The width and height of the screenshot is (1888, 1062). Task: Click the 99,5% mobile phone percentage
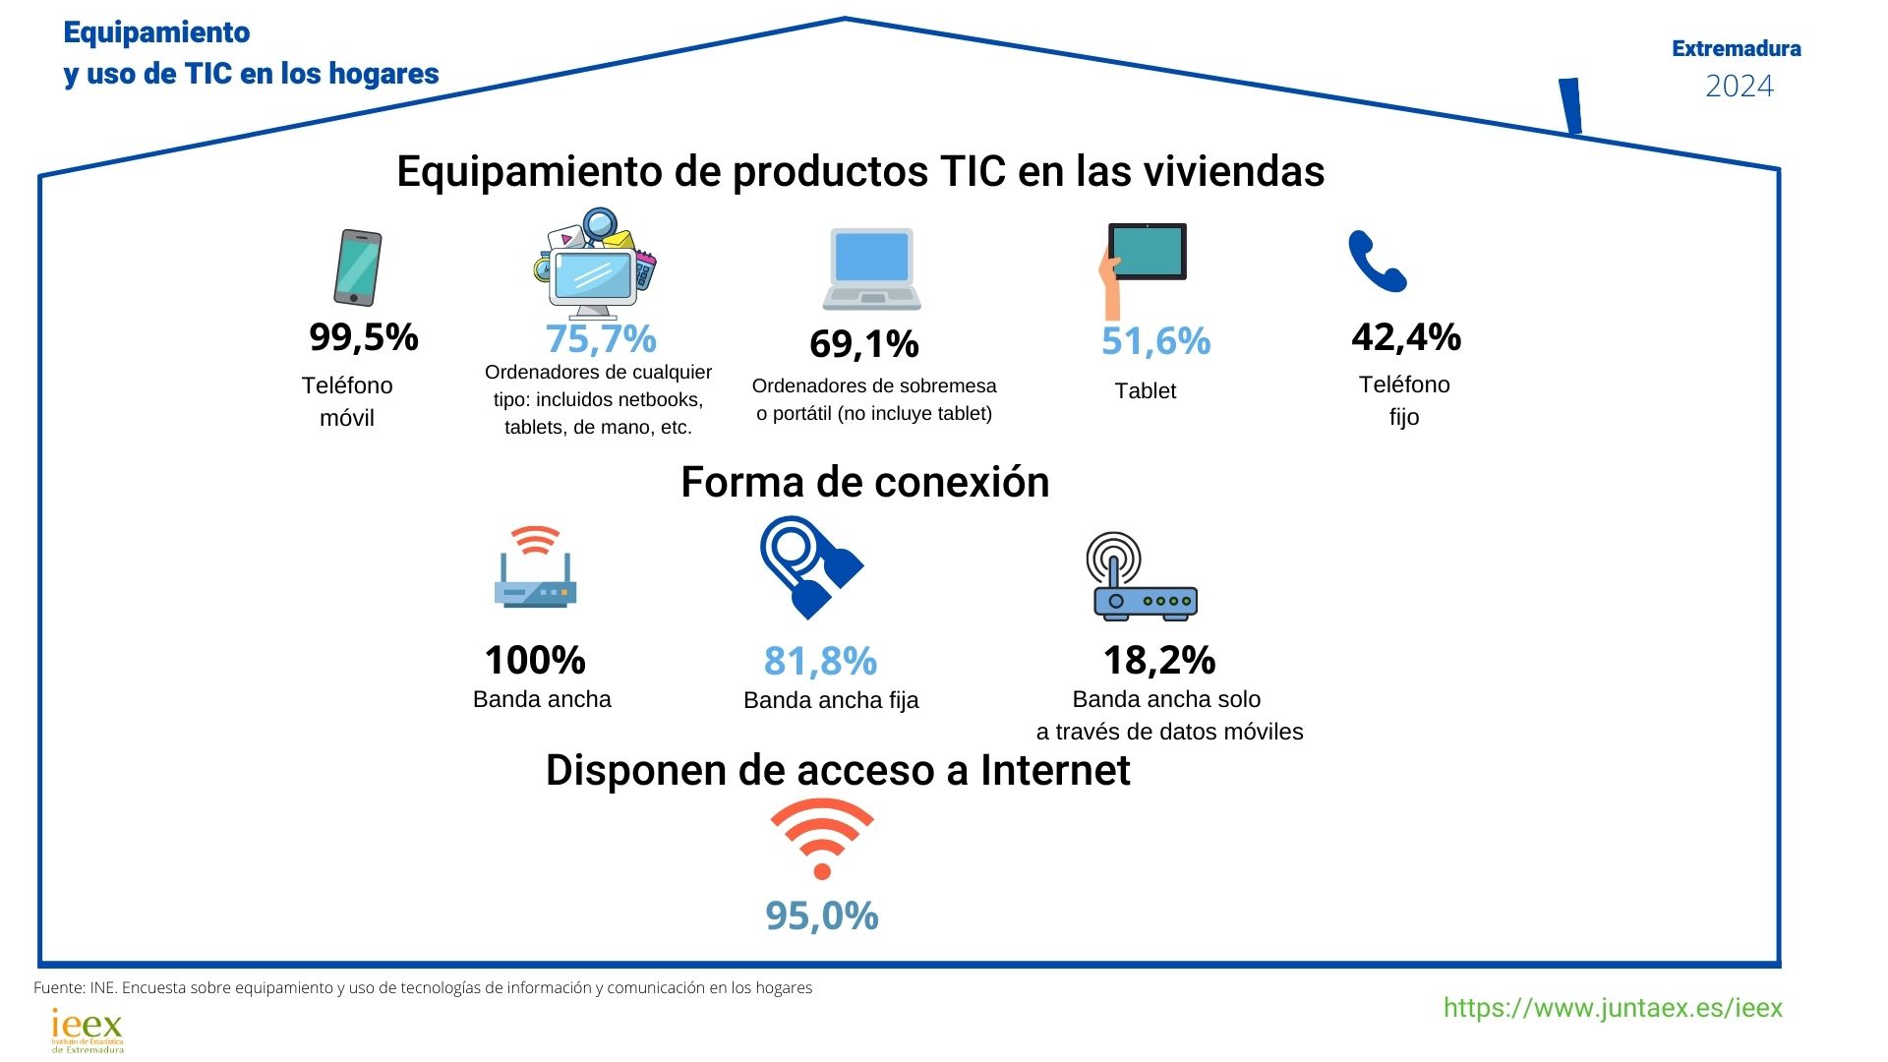tap(364, 337)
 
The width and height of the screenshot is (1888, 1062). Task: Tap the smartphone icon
tap(357, 267)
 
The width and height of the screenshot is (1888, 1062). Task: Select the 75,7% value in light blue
tap(601, 339)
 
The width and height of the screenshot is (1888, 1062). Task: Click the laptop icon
tap(871, 268)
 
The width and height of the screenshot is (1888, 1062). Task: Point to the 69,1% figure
tap(864, 344)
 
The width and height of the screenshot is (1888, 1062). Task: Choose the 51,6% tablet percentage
tap(1155, 341)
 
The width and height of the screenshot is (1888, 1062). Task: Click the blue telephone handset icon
tap(1377, 262)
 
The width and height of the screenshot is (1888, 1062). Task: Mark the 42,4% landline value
tap(1406, 337)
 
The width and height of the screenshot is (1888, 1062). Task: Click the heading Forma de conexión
tap(865, 482)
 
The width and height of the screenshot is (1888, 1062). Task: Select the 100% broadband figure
tap(535, 660)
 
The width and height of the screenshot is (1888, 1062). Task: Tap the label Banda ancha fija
tap(831, 700)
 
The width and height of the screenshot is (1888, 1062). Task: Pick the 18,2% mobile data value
tap(1159, 660)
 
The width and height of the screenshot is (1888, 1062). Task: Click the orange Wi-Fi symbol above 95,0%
tap(822, 838)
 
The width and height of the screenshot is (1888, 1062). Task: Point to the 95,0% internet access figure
tap(822, 915)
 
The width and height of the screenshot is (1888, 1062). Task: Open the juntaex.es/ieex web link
tap(1613, 1008)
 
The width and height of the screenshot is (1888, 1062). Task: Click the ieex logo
tap(88, 1030)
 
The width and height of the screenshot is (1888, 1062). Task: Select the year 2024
tap(1739, 87)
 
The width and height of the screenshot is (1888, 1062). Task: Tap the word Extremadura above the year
tap(1737, 48)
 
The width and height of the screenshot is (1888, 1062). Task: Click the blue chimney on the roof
tap(1571, 106)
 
